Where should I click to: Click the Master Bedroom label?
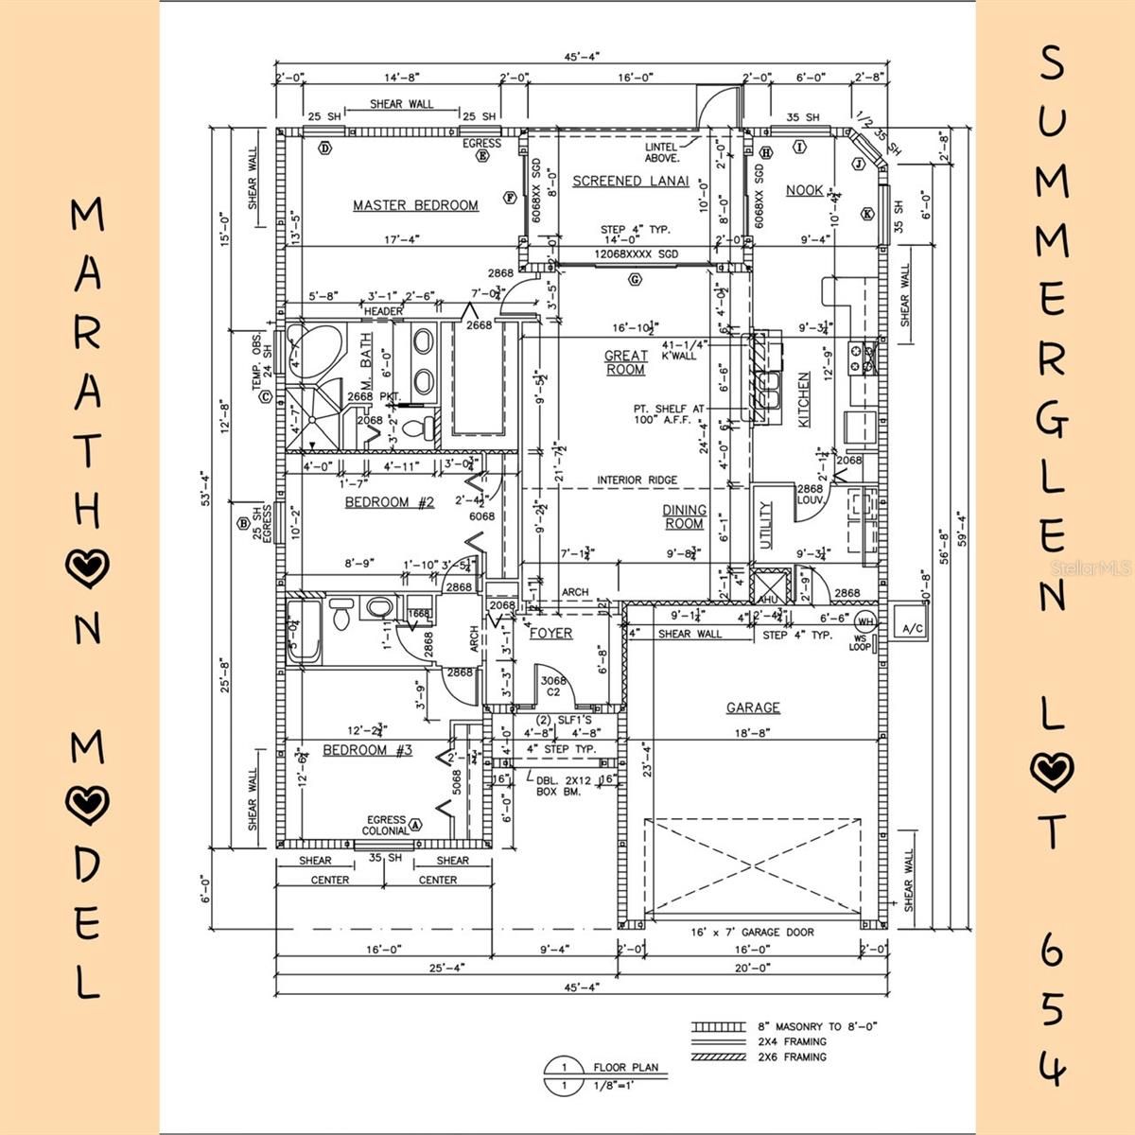(415, 205)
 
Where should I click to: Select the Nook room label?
(805, 190)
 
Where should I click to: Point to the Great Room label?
(626, 362)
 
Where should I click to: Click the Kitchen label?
(804, 400)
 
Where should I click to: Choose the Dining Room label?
(683, 516)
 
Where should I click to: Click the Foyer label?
(550, 633)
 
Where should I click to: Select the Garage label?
(753, 707)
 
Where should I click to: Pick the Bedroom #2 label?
(389, 502)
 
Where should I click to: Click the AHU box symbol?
(766, 586)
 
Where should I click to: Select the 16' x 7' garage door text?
(753, 932)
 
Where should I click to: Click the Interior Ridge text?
(637, 480)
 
